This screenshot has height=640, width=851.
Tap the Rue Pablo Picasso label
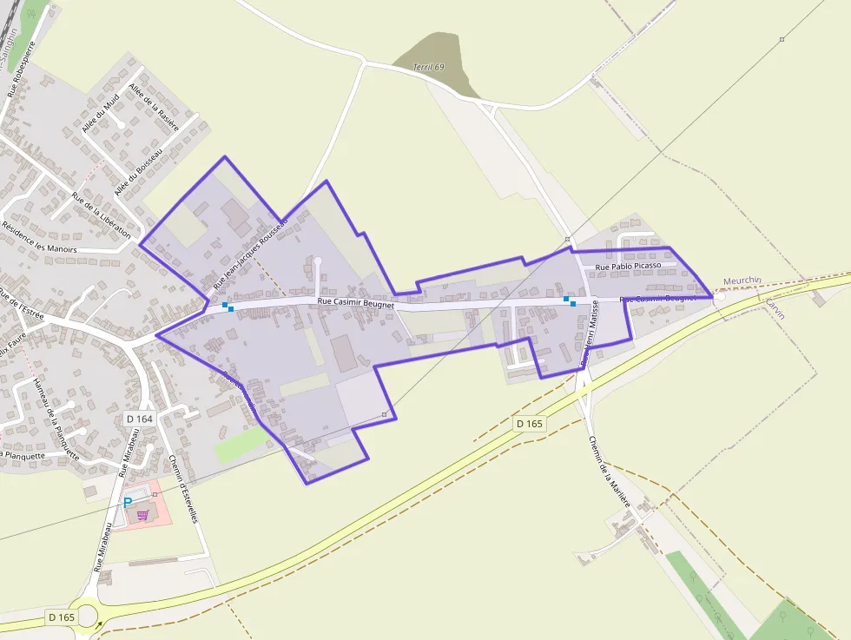point(629,266)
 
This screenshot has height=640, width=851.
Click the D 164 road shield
point(139,419)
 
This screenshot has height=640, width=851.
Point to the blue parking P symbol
point(128,503)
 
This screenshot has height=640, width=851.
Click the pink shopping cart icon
point(142,515)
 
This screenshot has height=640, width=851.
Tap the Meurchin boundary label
point(742,280)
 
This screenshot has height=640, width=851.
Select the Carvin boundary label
point(774,309)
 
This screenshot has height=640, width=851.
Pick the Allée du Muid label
point(100,115)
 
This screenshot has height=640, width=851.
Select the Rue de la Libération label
point(102,215)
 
